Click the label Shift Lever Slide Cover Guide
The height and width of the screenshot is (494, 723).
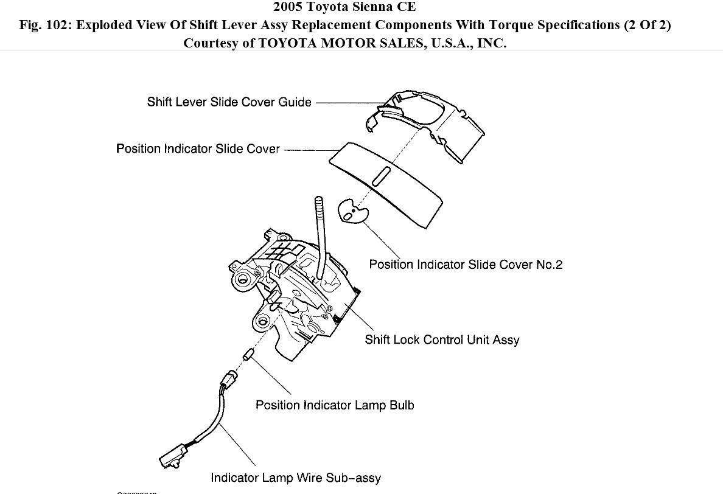click(x=229, y=102)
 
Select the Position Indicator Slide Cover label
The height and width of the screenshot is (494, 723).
click(x=198, y=148)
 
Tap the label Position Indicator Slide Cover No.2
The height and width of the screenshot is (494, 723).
click(x=466, y=264)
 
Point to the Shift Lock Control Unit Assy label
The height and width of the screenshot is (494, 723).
click(x=442, y=339)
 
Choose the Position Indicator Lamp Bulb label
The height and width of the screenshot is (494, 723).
click(x=335, y=405)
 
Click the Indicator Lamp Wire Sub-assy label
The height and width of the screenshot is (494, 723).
click(x=296, y=478)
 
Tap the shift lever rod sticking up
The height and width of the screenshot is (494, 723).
click(x=320, y=225)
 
